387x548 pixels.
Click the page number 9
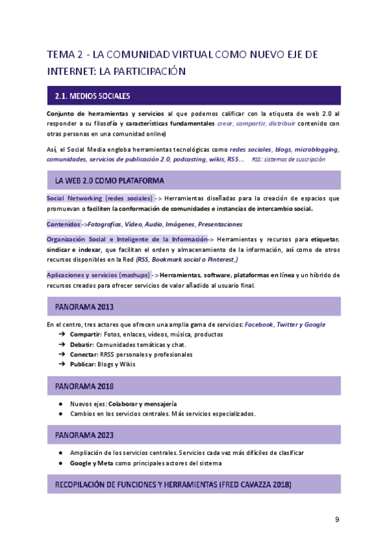tap(337, 520)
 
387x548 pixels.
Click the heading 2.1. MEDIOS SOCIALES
tap(93, 96)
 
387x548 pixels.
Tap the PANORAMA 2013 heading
tap(84, 306)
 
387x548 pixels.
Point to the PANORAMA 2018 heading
tap(84, 386)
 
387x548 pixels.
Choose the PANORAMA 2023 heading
tap(84, 434)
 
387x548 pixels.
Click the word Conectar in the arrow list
tap(83, 354)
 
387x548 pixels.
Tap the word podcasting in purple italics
tap(193, 159)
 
